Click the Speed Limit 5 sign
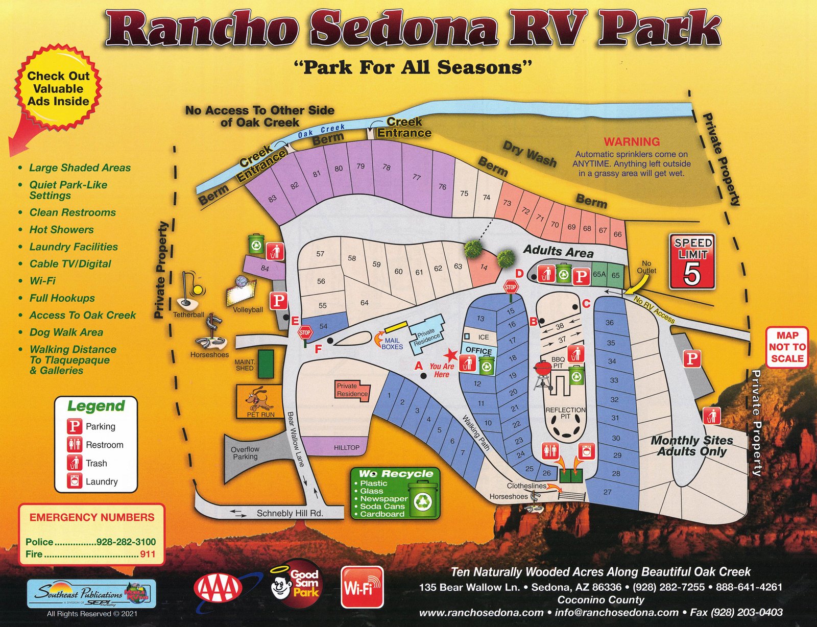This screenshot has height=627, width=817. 692,261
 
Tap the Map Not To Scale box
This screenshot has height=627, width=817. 787,347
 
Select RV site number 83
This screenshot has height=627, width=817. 272,199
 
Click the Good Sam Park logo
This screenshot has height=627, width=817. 296,585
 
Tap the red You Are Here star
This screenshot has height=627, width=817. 450,355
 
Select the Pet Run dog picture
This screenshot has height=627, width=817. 259,399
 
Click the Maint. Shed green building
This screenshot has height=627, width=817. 266,364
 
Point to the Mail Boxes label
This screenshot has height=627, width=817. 392,344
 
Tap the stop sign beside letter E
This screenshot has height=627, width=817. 305,333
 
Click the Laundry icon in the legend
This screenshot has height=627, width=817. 75,481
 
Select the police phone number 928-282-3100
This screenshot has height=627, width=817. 126,542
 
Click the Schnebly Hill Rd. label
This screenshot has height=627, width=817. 290,513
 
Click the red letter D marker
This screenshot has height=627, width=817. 519,274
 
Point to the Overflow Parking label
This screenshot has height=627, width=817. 245,453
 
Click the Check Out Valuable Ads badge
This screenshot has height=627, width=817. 58,88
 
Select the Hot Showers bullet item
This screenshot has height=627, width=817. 61,230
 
